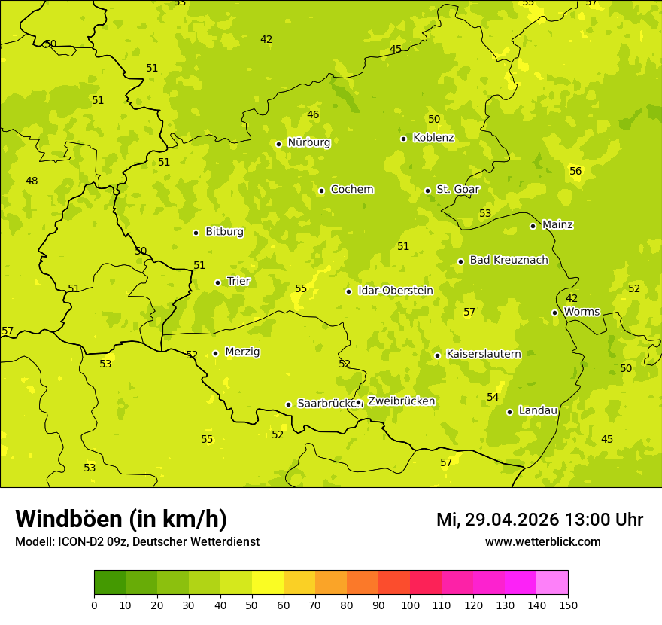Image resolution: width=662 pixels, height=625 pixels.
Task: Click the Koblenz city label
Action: tap(433, 138)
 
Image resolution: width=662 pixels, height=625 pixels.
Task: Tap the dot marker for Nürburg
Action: tap(278, 144)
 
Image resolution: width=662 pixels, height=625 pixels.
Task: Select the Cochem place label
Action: tap(351, 190)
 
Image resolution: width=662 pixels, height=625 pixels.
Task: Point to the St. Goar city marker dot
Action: tap(427, 191)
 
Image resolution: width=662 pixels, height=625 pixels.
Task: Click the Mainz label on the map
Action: tap(557, 225)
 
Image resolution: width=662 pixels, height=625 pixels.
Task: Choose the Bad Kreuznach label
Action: tap(509, 261)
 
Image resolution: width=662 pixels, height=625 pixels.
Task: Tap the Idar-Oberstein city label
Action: tap(395, 291)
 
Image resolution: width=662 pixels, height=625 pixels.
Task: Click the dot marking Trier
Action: tap(217, 282)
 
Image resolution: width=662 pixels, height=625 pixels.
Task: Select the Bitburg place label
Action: tap(224, 232)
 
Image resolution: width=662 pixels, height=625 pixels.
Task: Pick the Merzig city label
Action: tap(242, 352)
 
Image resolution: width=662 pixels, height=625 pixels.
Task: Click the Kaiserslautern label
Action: tap(483, 354)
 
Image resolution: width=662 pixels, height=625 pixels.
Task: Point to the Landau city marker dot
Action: tap(509, 412)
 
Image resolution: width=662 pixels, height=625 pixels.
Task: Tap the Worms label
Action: tap(582, 312)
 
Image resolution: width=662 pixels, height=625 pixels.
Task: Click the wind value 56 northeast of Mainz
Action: tap(575, 172)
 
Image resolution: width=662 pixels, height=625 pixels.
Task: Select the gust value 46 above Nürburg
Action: tap(313, 115)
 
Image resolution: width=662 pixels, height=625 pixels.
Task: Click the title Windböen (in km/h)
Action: tap(121, 519)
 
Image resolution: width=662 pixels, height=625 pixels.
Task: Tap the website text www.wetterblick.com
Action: tap(542, 542)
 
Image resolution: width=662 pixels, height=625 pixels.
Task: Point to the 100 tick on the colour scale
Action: tap(410, 605)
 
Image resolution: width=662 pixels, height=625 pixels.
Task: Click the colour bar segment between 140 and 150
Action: tap(552, 582)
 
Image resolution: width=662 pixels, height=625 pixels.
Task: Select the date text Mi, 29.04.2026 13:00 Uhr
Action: tap(539, 520)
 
